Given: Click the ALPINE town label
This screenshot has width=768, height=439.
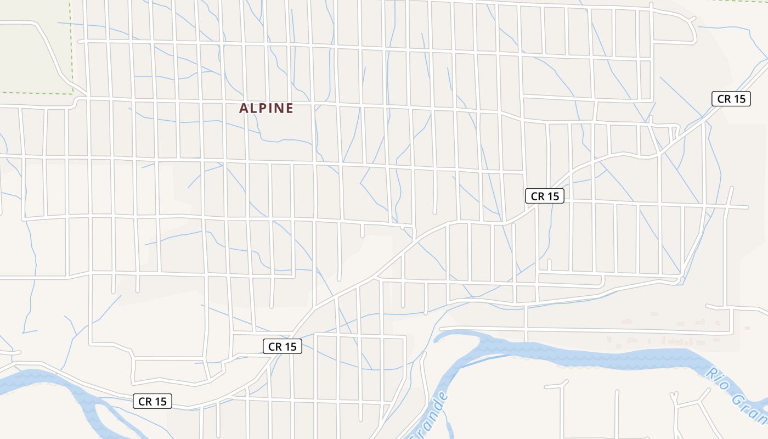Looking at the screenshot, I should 267,108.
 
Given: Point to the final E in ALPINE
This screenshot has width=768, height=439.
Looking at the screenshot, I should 290,108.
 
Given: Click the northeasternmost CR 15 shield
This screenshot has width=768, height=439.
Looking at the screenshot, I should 731,99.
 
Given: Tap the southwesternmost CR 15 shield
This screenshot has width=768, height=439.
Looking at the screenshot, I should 153,401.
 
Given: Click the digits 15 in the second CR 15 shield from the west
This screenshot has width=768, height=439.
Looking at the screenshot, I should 290,346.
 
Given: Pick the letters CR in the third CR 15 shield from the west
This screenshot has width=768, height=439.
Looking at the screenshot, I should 538,196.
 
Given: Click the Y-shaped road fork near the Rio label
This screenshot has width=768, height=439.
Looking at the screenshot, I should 675,396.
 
